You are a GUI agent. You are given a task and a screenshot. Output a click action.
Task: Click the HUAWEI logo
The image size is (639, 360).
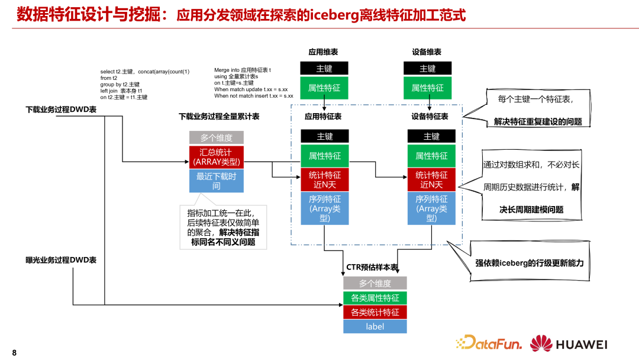click(569, 343)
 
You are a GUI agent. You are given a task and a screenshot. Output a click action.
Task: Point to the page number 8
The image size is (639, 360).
click(14, 353)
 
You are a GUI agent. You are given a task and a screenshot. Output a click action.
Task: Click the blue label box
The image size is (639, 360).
click(375, 326)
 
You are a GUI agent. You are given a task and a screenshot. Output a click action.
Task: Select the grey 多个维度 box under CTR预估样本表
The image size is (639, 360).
click(375, 284)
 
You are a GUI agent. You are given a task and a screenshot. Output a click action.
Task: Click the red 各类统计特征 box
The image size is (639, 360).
click(375, 312)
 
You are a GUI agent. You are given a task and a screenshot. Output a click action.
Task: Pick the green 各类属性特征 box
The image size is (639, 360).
click(375, 298)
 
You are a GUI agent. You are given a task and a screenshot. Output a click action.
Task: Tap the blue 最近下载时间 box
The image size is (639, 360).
click(216, 181)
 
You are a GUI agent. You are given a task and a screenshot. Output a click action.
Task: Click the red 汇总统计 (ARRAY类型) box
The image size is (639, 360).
click(216, 157)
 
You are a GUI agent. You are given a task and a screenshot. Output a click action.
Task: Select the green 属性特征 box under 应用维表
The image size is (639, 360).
click(324, 88)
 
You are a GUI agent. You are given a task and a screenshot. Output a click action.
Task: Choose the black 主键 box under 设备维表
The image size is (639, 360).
click(427, 68)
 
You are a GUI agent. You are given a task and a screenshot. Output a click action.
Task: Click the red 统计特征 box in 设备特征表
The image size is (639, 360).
click(431, 179)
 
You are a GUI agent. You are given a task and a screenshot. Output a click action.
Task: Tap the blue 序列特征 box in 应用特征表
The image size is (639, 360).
click(325, 208)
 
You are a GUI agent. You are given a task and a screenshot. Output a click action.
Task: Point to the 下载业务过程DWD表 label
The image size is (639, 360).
click(61, 110)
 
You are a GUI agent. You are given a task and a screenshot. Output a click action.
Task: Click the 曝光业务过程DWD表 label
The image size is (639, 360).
click(61, 259)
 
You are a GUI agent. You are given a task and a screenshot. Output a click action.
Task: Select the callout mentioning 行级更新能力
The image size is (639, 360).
click(528, 262)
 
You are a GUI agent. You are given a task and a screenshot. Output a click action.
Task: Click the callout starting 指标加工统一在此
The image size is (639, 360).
click(223, 227)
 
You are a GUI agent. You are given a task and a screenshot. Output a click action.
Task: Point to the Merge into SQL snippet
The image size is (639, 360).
click(253, 83)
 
